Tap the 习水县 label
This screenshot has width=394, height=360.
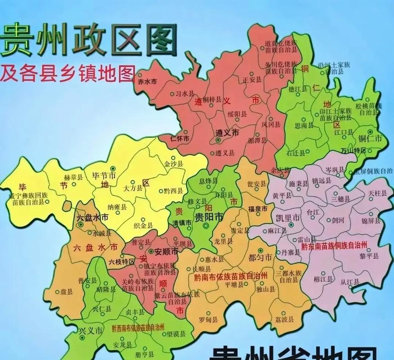click(184, 94)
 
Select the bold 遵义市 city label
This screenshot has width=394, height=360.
click(227, 133)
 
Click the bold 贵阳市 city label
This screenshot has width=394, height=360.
click(208, 217)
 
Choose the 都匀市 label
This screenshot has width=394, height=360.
click(260, 258)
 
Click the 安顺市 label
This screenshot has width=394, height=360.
click(167, 252)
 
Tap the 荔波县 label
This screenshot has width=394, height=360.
click(284, 319)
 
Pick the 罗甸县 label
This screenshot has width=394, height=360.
click(208, 320)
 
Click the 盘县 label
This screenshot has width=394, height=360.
click(67, 291)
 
